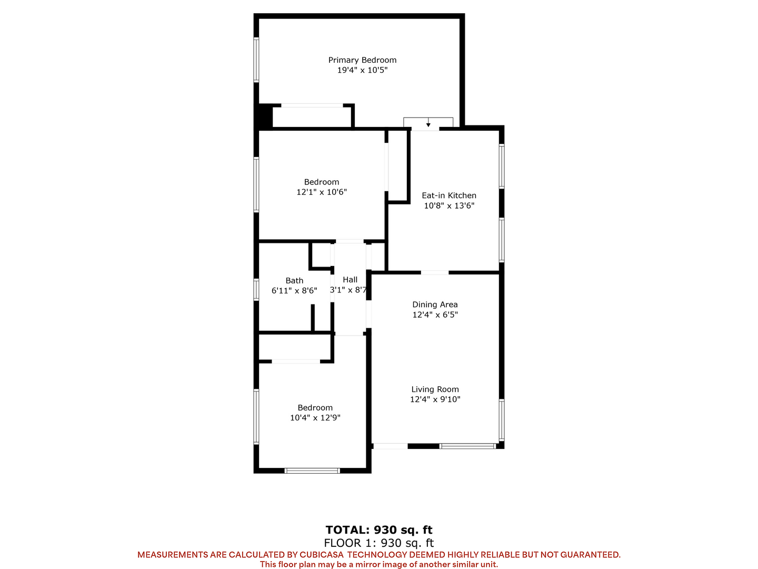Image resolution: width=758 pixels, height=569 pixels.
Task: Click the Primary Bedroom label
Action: click(362, 60)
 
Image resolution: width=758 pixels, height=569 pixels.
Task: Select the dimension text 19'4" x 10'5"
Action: click(362, 70)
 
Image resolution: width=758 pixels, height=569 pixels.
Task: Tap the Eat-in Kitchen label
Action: click(448, 195)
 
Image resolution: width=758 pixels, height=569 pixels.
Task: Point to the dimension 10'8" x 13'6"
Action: click(449, 205)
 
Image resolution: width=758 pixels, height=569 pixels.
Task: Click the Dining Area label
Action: click(435, 305)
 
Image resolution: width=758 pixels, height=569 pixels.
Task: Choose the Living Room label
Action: click(435, 389)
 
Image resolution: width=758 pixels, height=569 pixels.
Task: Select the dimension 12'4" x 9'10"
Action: click(435, 399)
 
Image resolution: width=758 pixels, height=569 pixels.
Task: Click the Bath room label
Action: click(294, 280)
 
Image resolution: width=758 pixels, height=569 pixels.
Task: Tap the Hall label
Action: click(350, 279)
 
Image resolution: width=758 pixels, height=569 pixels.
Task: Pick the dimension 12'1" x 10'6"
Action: click(322, 192)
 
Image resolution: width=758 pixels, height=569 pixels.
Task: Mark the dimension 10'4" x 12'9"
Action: click(315, 418)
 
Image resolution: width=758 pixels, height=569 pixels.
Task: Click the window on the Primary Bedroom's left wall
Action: click(256, 60)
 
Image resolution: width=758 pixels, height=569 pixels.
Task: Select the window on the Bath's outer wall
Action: click(256, 290)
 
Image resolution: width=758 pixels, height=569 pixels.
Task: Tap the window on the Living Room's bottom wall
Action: click(468, 446)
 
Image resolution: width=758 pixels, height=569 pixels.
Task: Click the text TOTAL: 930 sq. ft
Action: click(379, 530)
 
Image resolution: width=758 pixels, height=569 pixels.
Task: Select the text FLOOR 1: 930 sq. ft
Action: click(379, 543)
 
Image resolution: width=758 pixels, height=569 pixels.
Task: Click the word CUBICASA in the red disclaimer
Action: click(321, 555)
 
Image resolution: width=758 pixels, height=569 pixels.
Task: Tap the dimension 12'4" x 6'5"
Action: click(435, 315)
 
